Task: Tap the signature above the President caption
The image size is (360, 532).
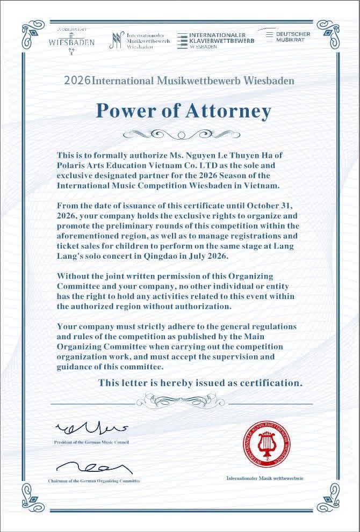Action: (x=91, y=428)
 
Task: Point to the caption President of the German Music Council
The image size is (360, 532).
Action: (x=91, y=442)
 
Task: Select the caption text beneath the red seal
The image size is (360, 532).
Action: (x=265, y=478)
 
